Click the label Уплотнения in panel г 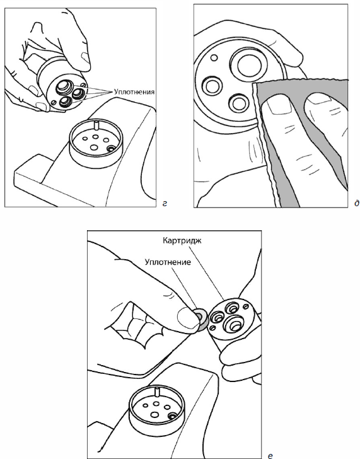pos(134,92)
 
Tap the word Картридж pos(182,241)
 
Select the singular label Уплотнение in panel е pos(168,262)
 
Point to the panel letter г pos(165,203)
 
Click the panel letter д pos(356,203)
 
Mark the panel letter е pos(270,455)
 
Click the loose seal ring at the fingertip pos(201,319)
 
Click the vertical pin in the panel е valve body pos(158,392)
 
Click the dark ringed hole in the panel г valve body pos(110,149)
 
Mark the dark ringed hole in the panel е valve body pos(171,416)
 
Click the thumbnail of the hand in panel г pos(85,57)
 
